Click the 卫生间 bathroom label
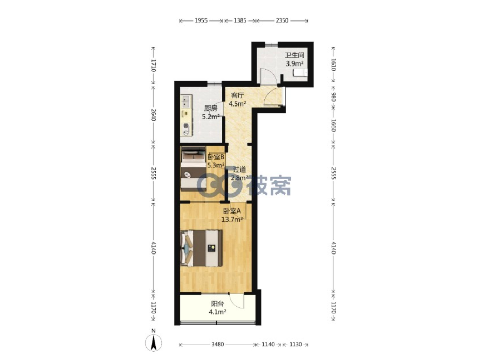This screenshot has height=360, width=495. (294, 55)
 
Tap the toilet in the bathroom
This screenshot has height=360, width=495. (300, 73)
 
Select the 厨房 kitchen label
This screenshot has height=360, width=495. (211, 108)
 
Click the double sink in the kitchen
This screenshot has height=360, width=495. (185, 101)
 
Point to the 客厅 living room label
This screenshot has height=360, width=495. (237, 95)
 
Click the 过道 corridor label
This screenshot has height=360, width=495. (239, 170)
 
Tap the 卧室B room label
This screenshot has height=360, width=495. (217, 157)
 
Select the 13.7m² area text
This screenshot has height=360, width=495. (232, 219)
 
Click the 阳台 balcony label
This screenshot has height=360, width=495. (217, 304)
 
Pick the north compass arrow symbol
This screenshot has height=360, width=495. (153, 343)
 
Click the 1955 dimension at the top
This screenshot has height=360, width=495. (201, 20)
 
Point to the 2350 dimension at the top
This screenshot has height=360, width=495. (282, 20)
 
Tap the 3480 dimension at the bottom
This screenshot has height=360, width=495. (217, 344)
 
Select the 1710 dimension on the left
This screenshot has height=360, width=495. (153, 66)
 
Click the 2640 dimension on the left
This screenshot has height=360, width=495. (153, 115)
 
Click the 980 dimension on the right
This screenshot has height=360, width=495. (334, 97)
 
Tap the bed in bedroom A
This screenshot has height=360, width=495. (201, 248)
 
